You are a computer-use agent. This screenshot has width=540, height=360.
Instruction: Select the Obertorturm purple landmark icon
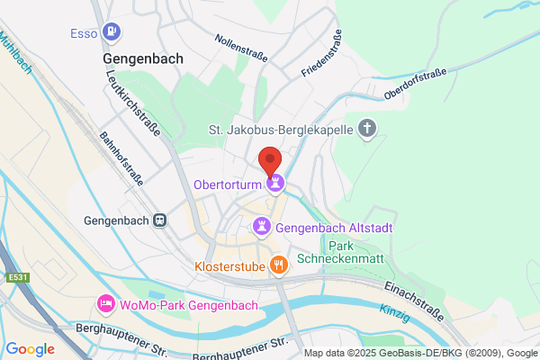[x=275, y=184]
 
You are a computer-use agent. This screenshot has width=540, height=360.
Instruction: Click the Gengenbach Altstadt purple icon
[x=262, y=228]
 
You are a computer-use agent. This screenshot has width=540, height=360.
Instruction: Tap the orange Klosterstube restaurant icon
[x=280, y=265]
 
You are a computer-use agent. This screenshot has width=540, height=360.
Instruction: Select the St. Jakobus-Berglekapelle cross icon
[x=366, y=129]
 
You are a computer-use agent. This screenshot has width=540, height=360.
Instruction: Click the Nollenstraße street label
[x=240, y=48]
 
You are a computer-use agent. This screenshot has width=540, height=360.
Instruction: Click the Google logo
[x=30, y=349]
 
